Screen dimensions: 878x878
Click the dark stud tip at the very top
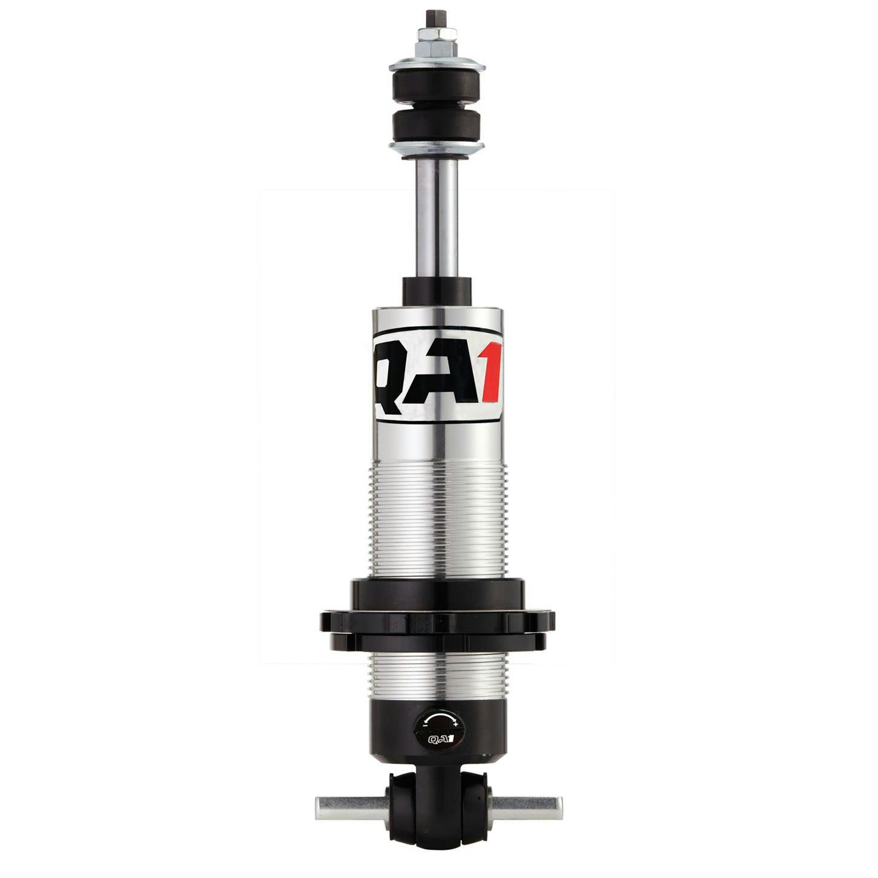pos(437,15)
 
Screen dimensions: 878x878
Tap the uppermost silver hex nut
pos(437,31)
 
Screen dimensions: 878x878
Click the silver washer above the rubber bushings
pos(437,63)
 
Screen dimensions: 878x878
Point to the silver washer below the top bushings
pos(437,147)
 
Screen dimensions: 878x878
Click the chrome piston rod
pos(437,218)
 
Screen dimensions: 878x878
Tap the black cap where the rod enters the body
pos(437,291)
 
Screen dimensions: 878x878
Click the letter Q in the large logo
pos(394,374)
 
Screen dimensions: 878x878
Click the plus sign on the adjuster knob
pos(455,724)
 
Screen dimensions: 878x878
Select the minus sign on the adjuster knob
pos(426,725)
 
